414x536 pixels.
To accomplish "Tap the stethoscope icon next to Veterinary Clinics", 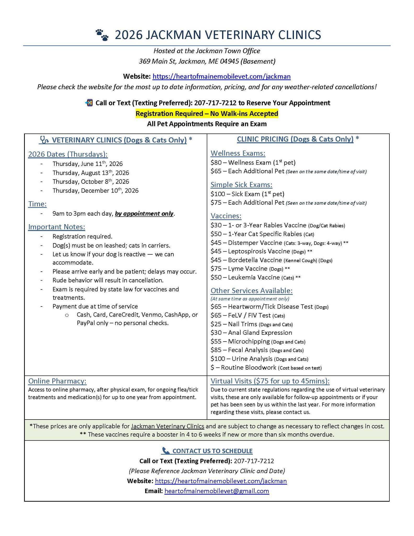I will [44, 140].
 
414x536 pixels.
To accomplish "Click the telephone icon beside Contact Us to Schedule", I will [166, 451].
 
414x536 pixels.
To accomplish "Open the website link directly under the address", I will [221, 76].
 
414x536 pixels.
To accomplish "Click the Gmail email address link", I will [217, 491].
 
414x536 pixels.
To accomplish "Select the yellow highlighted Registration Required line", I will [207, 114].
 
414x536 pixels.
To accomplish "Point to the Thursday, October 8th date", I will [90, 182].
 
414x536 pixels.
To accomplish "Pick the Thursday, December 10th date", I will [95, 191].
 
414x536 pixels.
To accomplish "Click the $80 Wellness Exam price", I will [216, 163].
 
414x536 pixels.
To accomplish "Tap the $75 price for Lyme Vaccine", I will [216, 269].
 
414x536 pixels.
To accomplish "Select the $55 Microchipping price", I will [216, 342].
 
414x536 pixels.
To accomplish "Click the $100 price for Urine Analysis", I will [217, 359].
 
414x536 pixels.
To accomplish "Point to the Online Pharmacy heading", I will [57, 381].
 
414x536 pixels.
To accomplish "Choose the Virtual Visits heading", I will [270, 381].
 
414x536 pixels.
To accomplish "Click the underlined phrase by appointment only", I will [144, 214].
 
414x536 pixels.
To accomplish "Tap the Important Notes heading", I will [56, 227].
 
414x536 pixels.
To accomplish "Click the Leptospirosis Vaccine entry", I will [259, 252].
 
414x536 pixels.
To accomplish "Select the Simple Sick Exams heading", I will [241, 185].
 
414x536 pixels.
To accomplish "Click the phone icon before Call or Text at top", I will [89, 103].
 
